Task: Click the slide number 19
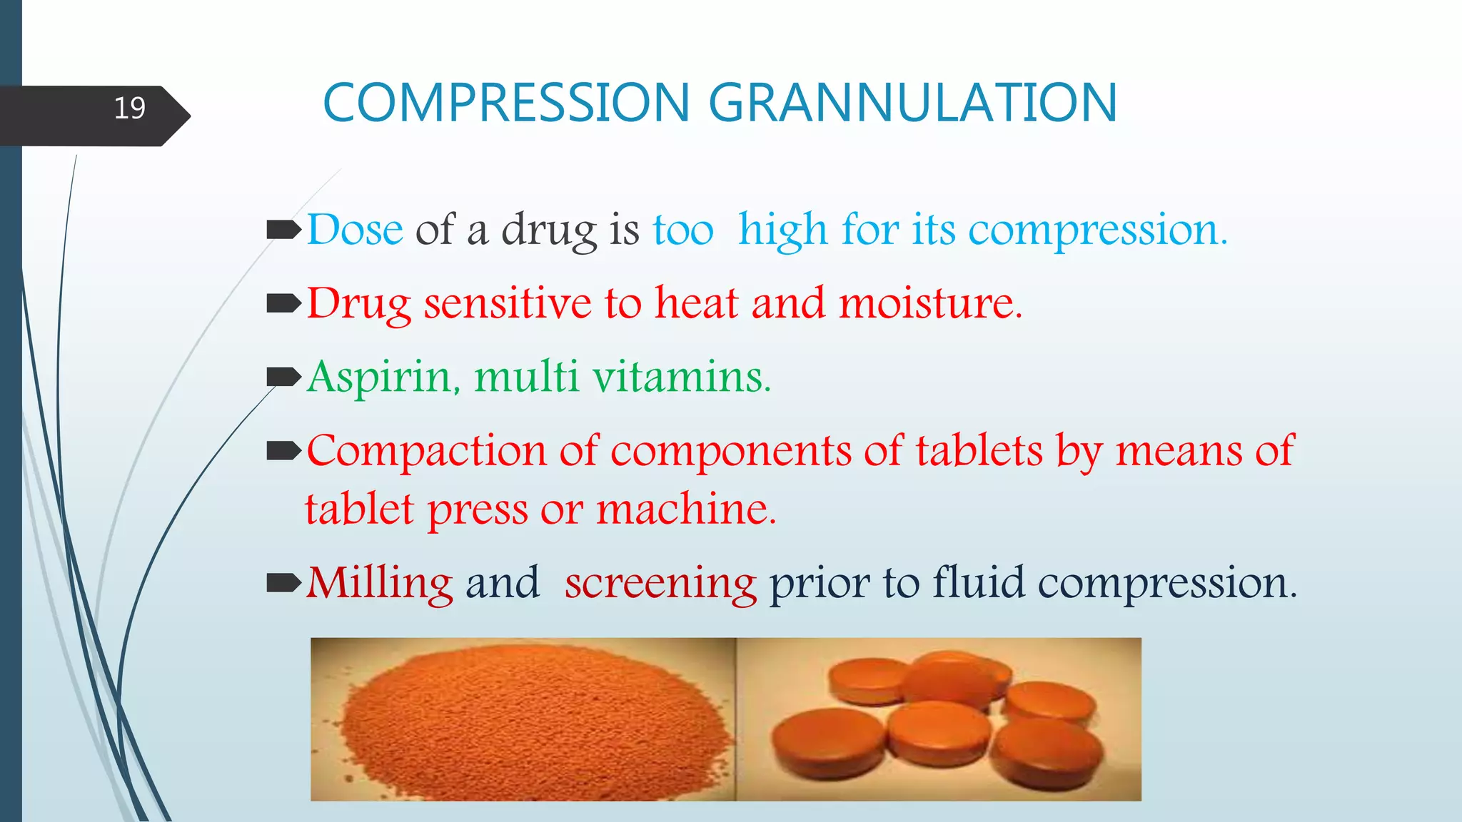point(130,108)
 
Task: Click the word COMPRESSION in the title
point(506,103)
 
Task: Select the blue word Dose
point(356,230)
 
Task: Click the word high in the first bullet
point(782,231)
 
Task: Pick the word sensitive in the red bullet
point(508,303)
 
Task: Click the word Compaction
point(426,451)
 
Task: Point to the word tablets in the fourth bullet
point(979,451)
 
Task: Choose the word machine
point(686,509)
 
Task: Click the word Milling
point(380,583)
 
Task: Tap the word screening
point(660,584)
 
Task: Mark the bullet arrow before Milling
point(283,583)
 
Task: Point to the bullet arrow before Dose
point(283,230)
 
